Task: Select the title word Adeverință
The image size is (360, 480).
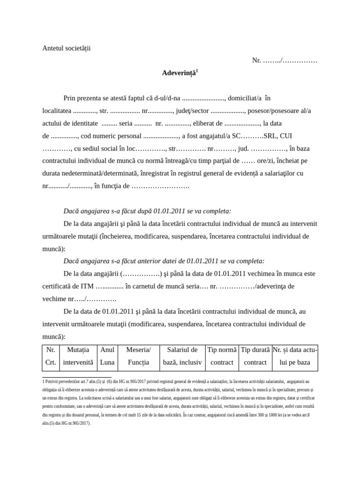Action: [x=177, y=73]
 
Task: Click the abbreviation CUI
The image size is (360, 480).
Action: [x=289, y=136]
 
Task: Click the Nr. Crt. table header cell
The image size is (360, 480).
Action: [x=51, y=356]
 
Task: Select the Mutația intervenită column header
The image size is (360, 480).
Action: [x=78, y=356]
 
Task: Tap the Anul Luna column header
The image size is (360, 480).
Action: [x=107, y=356]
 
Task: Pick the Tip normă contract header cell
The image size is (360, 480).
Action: [x=222, y=356]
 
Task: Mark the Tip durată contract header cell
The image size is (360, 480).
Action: [x=255, y=356]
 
